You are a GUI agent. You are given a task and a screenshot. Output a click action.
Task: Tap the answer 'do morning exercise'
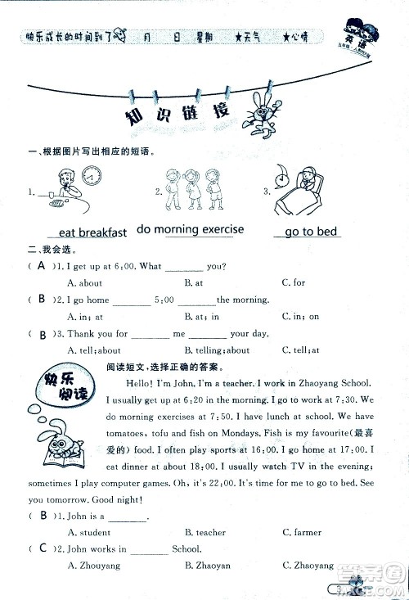[x=190, y=229]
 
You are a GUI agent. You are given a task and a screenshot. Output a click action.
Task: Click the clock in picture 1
[x=92, y=175]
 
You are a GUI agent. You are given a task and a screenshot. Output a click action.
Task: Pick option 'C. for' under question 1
[x=293, y=282]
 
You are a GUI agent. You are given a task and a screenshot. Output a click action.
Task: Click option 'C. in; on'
[x=300, y=316]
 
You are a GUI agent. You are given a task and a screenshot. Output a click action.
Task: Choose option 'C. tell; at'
[x=300, y=350]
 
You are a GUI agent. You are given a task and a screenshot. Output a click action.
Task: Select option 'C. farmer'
[x=302, y=532]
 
